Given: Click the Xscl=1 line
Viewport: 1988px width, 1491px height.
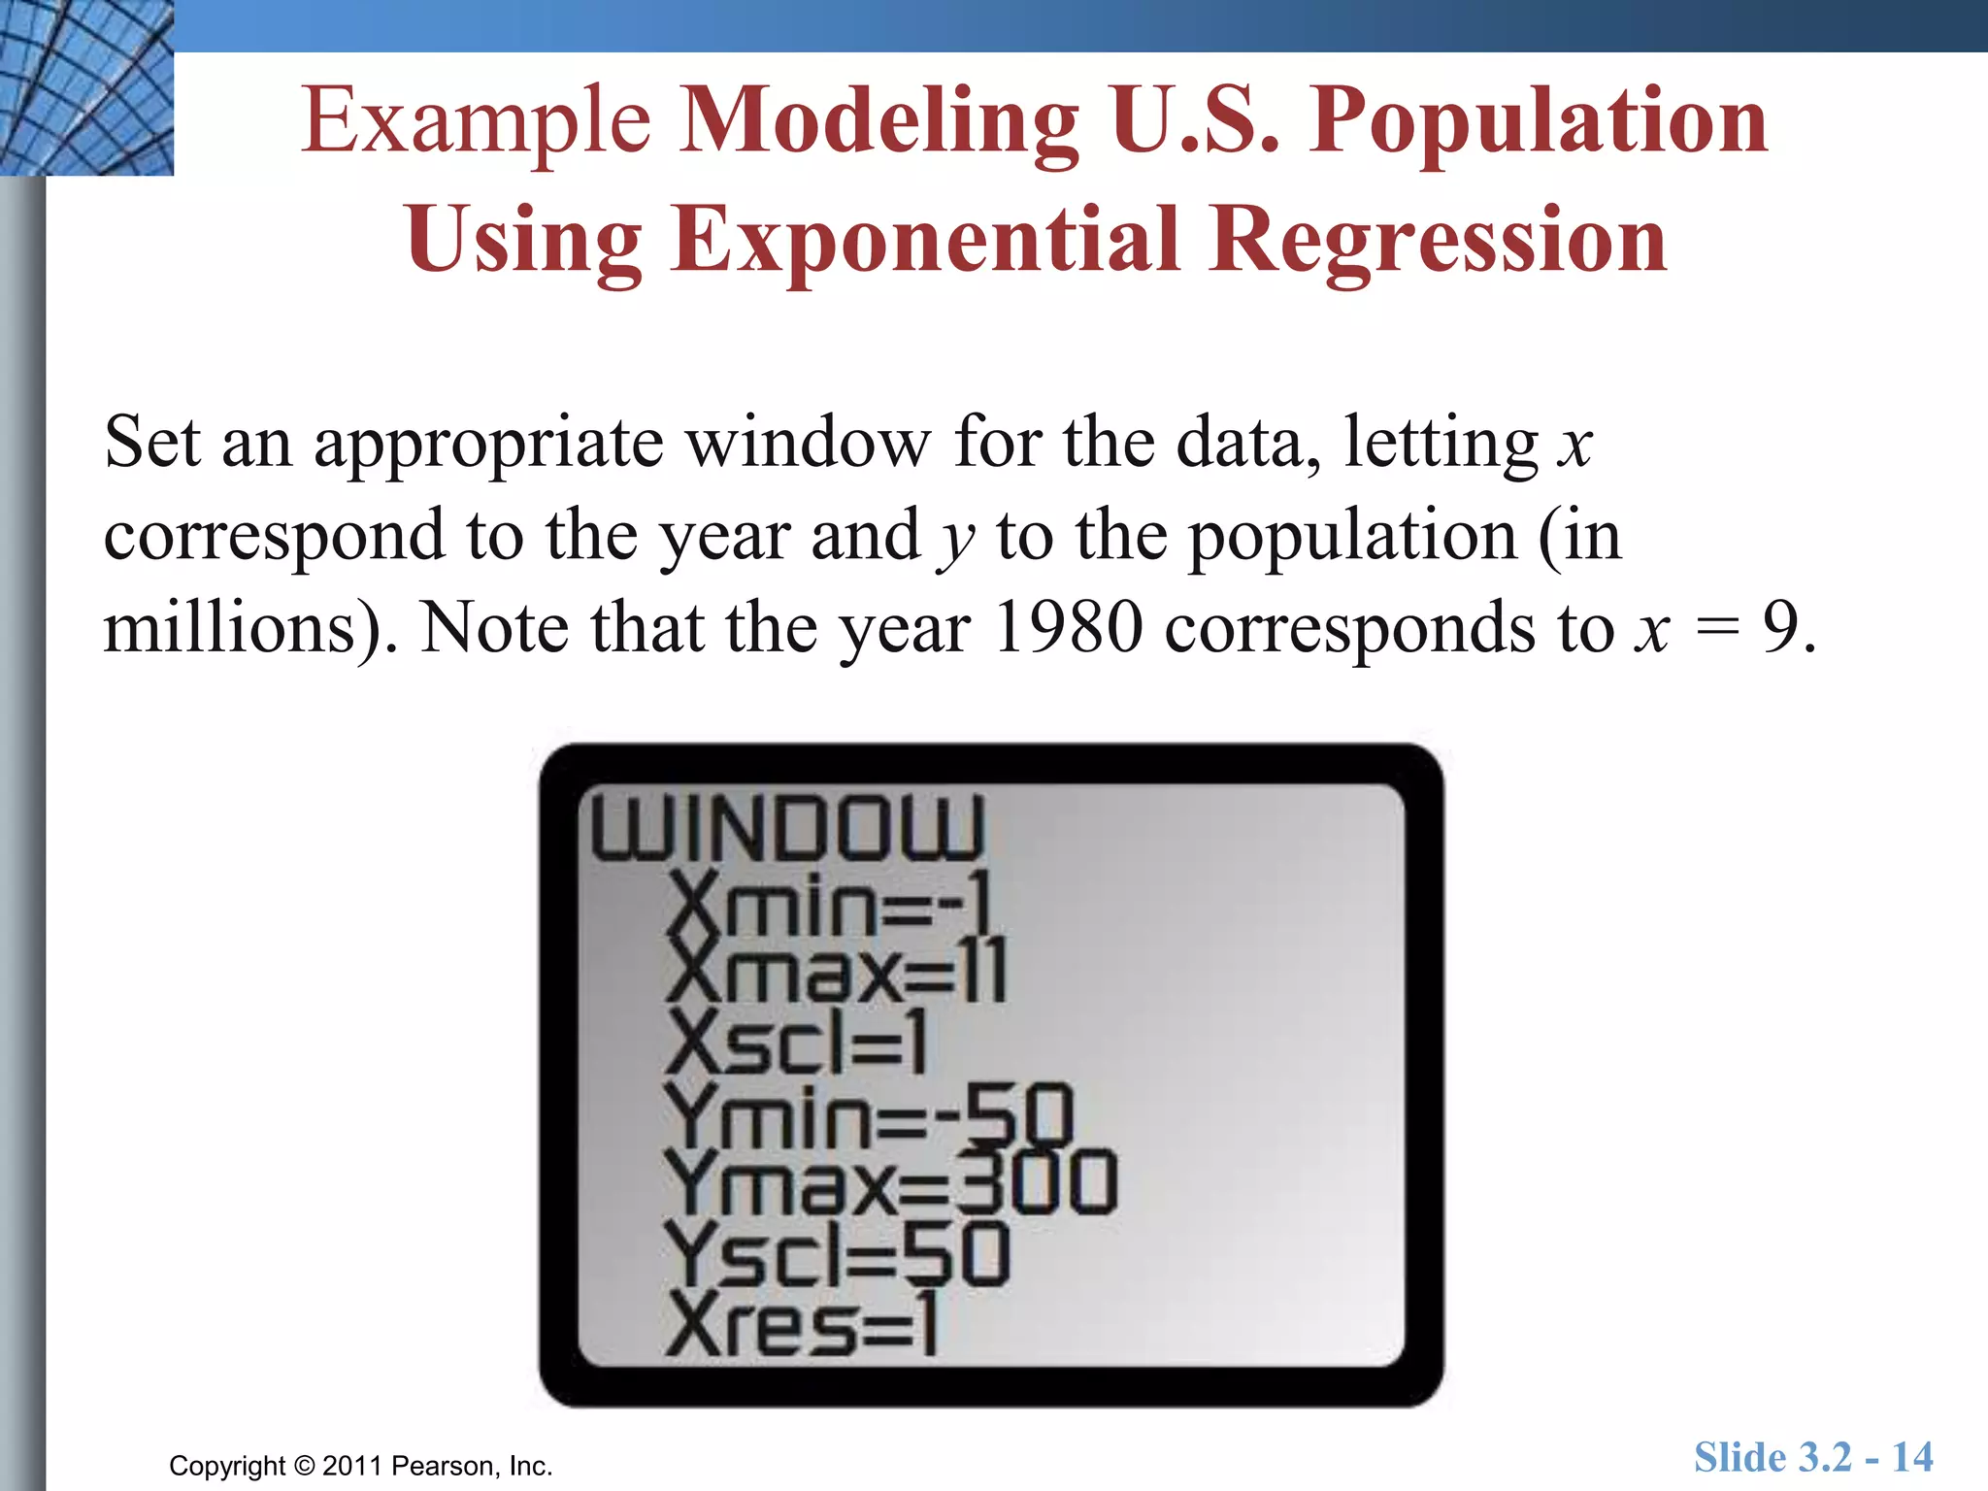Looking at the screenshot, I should coord(796,1043).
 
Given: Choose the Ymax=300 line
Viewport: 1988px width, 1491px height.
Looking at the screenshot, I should coord(891,1182).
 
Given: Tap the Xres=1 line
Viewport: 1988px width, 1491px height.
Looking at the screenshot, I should coord(802,1326).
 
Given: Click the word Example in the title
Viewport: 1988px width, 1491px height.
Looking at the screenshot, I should coord(476,122).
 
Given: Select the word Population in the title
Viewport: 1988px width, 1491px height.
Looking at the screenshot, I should coord(1538,122).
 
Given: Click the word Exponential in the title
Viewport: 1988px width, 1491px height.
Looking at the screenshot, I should coord(924,241).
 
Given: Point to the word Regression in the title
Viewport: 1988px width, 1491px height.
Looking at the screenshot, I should coord(1439,241).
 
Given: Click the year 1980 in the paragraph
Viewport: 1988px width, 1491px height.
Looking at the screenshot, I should coord(1068,628).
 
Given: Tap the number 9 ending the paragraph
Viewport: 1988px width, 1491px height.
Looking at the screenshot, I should coord(1782,628).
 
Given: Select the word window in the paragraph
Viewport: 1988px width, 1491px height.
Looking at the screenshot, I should coord(808,443).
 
